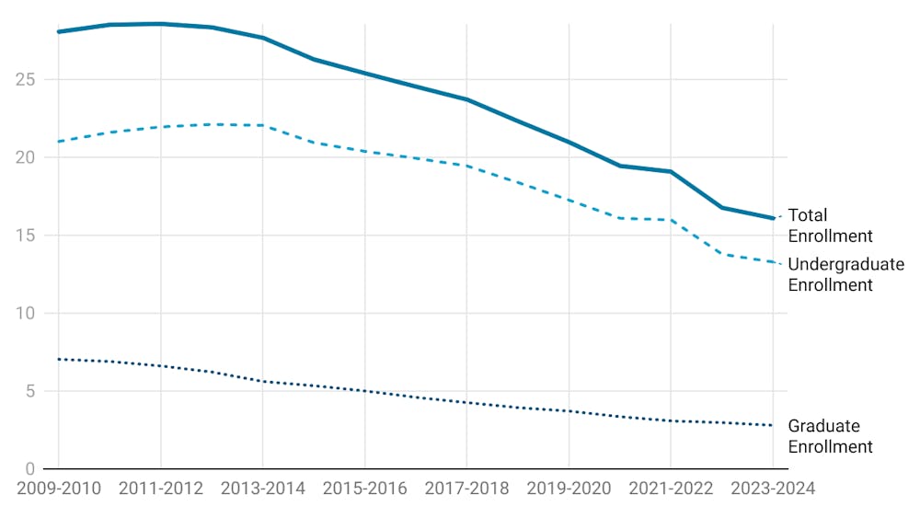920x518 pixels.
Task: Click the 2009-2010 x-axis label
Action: [58, 489]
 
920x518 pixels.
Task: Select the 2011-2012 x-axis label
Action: [160, 489]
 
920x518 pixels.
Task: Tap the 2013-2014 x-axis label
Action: [262, 489]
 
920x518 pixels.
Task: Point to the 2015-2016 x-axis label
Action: [364, 489]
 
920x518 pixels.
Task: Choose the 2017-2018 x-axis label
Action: [466, 489]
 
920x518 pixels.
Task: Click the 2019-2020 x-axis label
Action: [569, 489]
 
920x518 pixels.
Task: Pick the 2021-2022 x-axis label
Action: [670, 489]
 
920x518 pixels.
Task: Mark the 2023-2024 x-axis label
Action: [771, 489]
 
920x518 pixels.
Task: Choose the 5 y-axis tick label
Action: [29, 391]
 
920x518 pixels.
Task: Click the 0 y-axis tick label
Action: [29, 468]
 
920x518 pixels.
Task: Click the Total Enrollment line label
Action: [830, 225]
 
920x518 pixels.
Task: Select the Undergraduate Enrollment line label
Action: [845, 274]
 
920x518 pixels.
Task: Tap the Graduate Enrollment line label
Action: [830, 436]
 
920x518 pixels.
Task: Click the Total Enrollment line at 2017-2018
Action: [466, 99]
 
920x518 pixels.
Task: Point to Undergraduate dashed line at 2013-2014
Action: [262, 125]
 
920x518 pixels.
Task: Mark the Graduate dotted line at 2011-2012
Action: [160, 366]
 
